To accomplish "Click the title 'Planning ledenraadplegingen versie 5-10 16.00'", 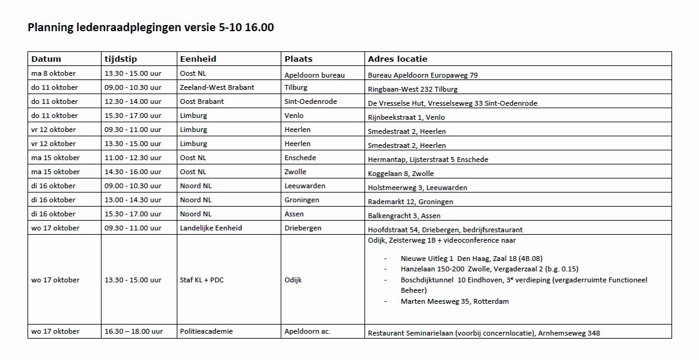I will tap(150, 28).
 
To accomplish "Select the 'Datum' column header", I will tap(46, 59).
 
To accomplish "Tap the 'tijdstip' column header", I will tap(120, 59).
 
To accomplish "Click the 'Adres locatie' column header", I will tap(398, 59).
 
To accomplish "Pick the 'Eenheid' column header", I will tap(198, 59).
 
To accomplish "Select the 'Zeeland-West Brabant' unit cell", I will tap(216, 87).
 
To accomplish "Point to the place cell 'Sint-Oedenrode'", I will tap(311, 101).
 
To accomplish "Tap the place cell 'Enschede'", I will tap(300, 158).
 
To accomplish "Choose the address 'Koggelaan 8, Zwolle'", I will tap(401, 174).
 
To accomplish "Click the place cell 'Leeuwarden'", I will tap(305, 186).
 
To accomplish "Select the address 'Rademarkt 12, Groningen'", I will tap(410, 202).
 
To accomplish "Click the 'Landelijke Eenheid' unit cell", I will tap(210, 228).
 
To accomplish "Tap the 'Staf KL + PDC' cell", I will tap(202, 280).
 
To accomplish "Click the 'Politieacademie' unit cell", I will tap(206, 331).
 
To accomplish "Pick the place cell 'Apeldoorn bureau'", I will tap(314, 75).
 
